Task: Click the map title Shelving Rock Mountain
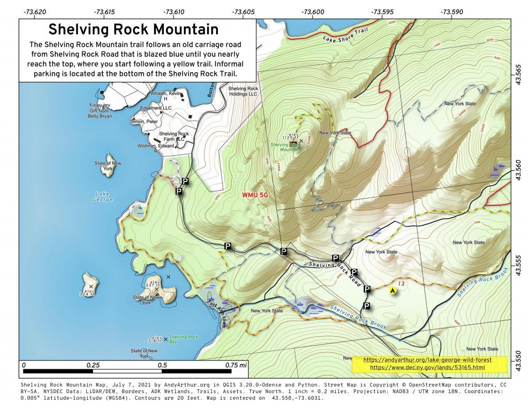133,29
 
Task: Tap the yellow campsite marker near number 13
393,290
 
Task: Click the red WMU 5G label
255,195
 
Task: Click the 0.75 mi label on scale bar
236,365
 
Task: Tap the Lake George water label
102,197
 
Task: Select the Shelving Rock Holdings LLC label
243,91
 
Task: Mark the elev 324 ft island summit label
87,292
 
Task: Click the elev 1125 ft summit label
291,136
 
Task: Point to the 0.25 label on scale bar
93,365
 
